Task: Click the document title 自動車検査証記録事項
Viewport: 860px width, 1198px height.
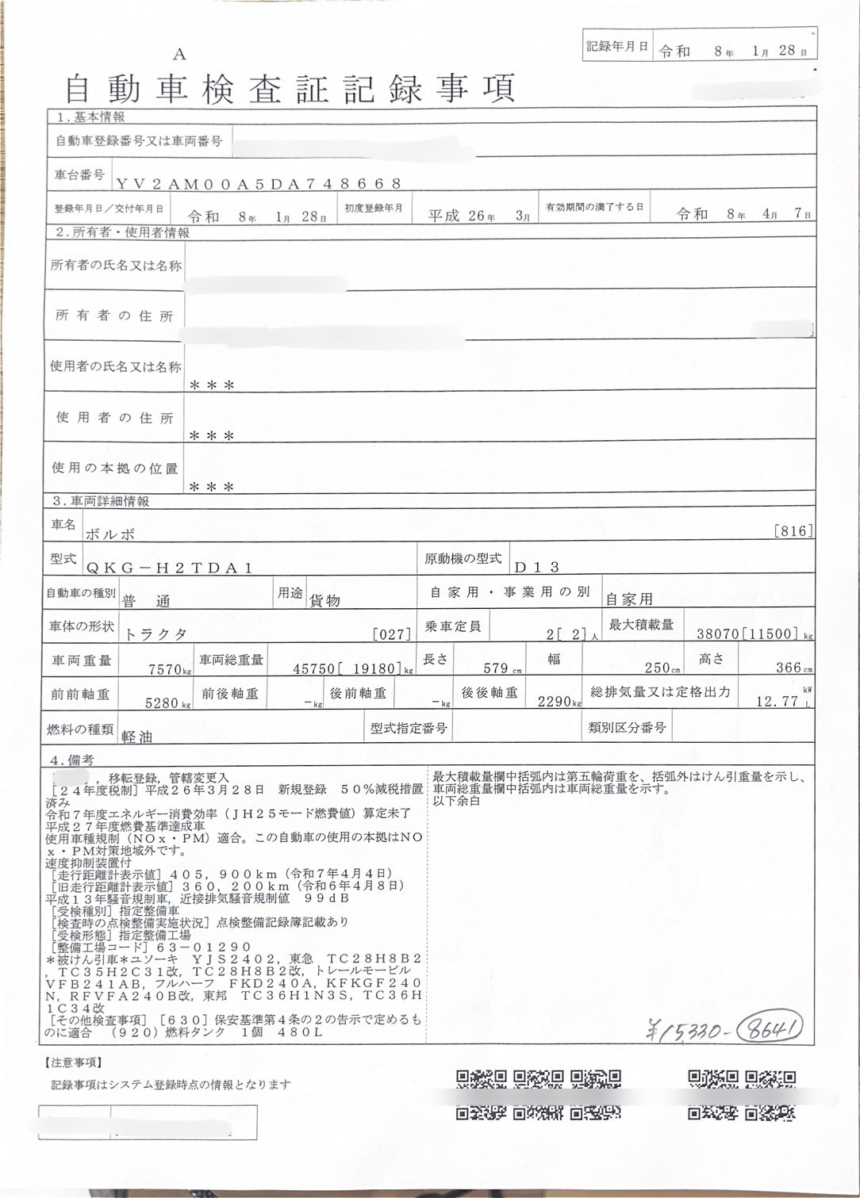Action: [x=290, y=88]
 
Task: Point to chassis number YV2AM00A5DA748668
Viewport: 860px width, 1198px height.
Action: [x=259, y=183]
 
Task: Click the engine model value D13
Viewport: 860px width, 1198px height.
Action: [x=537, y=567]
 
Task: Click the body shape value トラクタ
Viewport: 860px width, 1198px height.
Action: [x=156, y=633]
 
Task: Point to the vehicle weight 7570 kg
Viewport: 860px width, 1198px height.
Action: [x=169, y=669]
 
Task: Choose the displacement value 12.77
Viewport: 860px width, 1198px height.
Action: [x=777, y=701]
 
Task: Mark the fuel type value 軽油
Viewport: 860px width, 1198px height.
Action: [x=136, y=736]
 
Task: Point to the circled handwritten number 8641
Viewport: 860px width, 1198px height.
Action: [x=768, y=1029]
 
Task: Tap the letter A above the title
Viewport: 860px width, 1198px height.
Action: [x=179, y=54]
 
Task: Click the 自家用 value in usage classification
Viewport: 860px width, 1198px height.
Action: [x=628, y=599]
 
